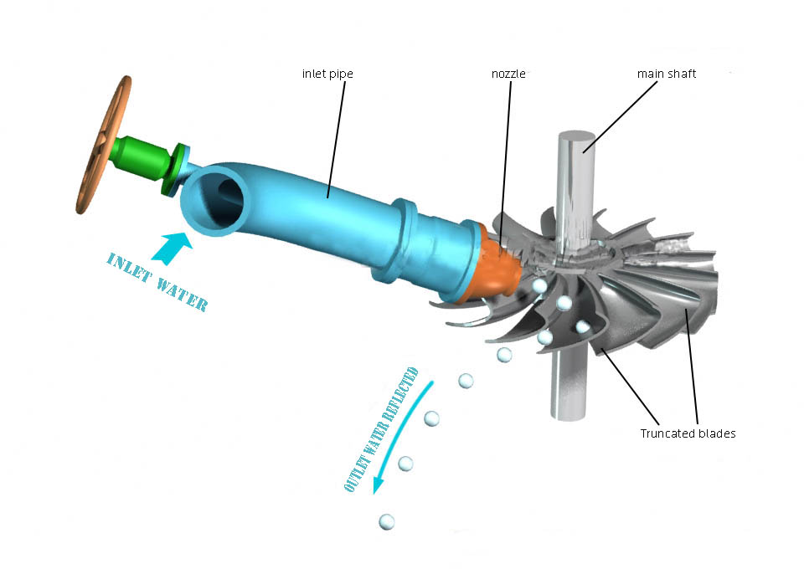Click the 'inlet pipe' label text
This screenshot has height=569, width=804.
pyautogui.click(x=327, y=74)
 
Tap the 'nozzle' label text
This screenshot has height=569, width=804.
pyautogui.click(x=508, y=74)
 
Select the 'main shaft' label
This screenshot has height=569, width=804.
pyautogui.click(x=666, y=74)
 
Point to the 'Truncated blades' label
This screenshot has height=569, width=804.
pyautogui.click(x=688, y=433)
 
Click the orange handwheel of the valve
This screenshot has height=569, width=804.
pyautogui.click(x=103, y=145)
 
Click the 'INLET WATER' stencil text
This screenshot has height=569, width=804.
pyautogui.click(x=157, y=283)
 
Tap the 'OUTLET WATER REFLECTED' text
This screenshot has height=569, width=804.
pyautogui.click(x=381, y=430)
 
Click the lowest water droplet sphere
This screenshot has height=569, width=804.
pyautogui.click(x=387, y=522)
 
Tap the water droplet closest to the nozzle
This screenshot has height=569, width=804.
pyautogui.click(x=539, y=286)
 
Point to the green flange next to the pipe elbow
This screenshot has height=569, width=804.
pyautogui.click(x=175, y=170)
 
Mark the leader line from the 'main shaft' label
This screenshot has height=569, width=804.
pyautogui.click(x=620, y=117)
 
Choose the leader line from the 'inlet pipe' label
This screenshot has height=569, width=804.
pyautogui.click(x=337, y=139)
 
